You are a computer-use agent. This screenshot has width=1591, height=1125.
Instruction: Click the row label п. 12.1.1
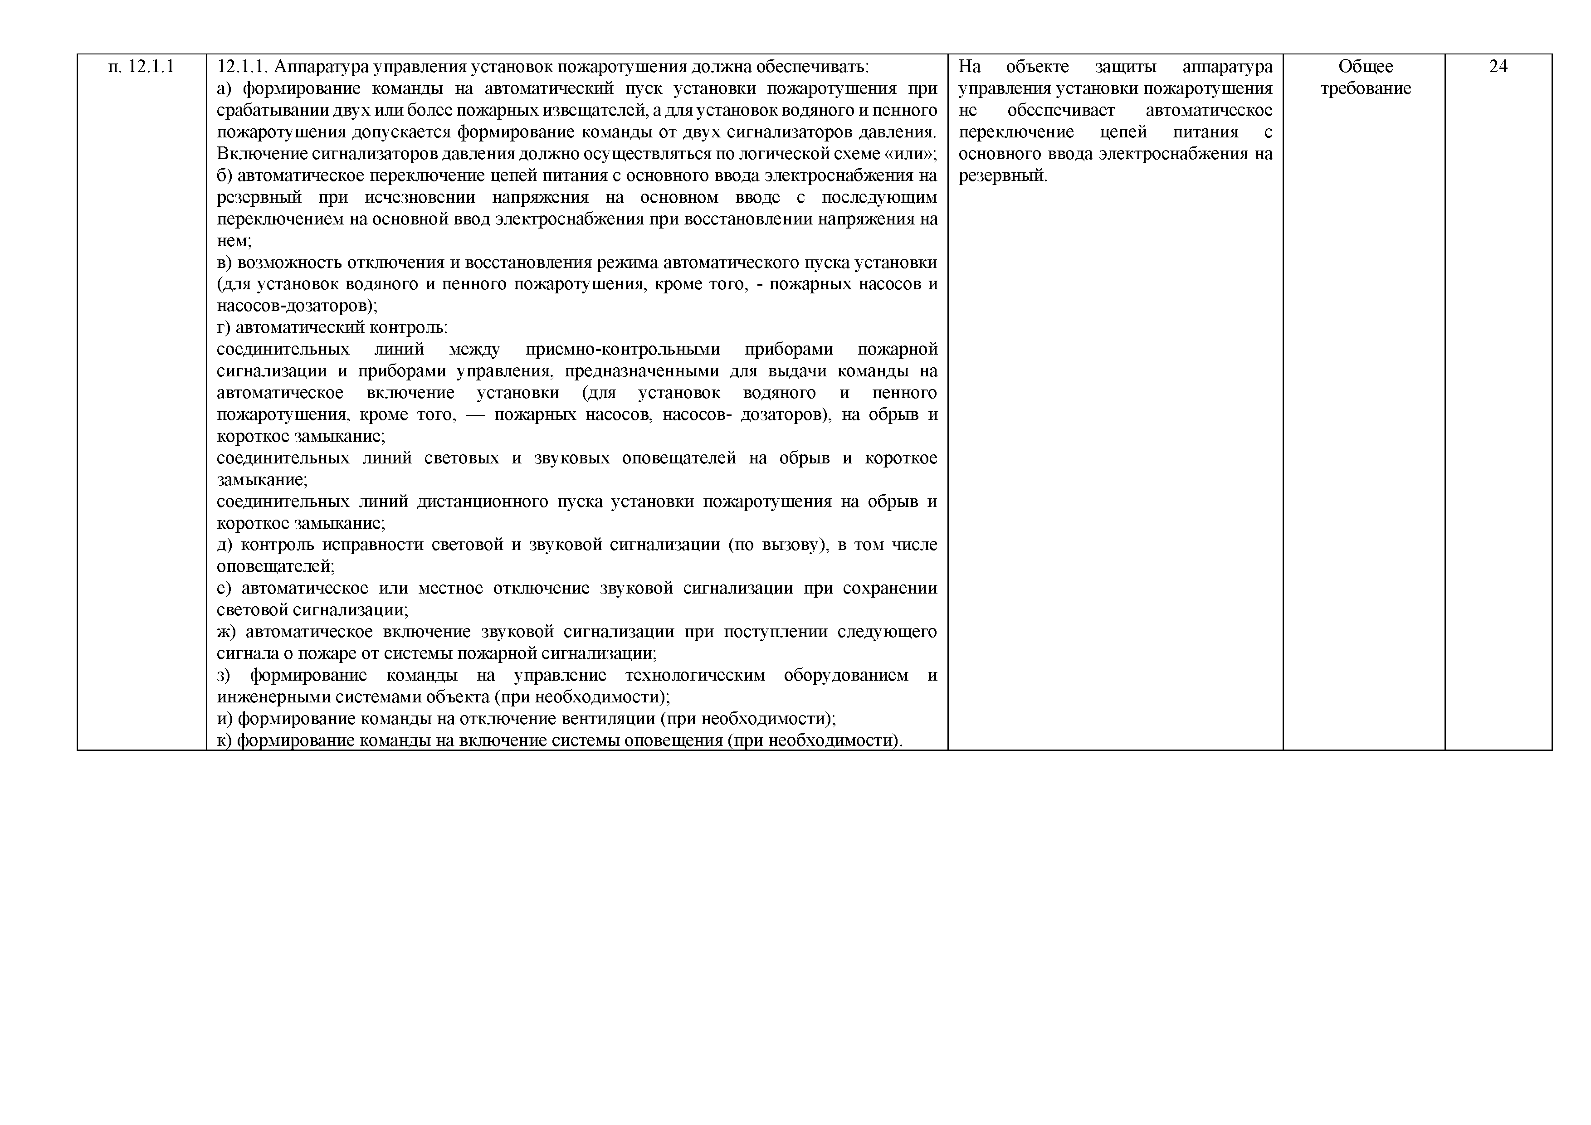tap(142, 67)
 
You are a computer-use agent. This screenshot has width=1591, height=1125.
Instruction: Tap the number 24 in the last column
tap(1498, 67)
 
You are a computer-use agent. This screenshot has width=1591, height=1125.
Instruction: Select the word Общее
tap(1365, 67)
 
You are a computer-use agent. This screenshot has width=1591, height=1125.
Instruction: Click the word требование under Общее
tap(1365, 89)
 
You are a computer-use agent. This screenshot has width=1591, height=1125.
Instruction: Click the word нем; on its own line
tap(234, 241)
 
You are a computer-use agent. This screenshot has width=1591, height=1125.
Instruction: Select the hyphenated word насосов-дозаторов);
tap(297, 306)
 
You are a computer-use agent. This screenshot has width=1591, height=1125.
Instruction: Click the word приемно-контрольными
tap(622, 349)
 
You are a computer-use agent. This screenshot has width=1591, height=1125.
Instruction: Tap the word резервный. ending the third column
tap(1003, 176)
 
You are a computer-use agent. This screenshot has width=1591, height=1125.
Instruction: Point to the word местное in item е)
tap(450, 588)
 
